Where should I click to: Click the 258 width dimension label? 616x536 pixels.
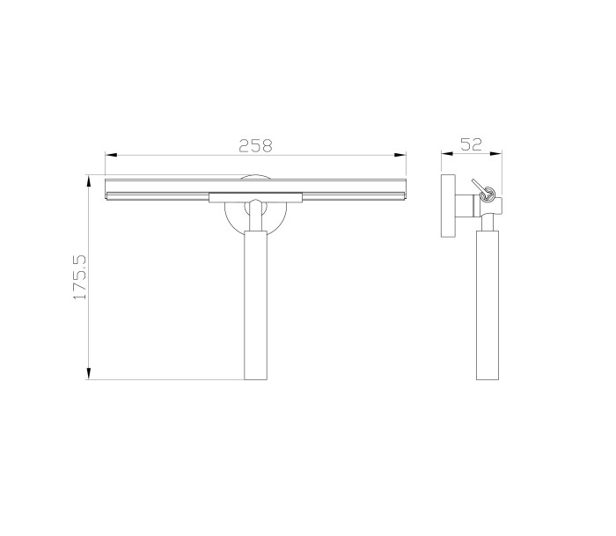(255, 145)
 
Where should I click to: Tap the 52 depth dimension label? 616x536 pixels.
(471, 144)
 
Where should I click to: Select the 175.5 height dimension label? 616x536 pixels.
(80, 276)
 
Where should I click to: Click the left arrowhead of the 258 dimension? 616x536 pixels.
(111, 155)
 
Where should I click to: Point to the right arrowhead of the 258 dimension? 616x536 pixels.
(400, 155)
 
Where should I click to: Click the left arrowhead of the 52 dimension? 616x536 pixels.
(447, 154)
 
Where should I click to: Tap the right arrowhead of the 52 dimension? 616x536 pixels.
(495, 154)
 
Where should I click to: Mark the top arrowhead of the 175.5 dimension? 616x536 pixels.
(89, 181)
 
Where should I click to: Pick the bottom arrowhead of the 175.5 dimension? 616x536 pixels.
(89, 373)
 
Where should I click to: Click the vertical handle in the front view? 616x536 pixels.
(255, 305)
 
